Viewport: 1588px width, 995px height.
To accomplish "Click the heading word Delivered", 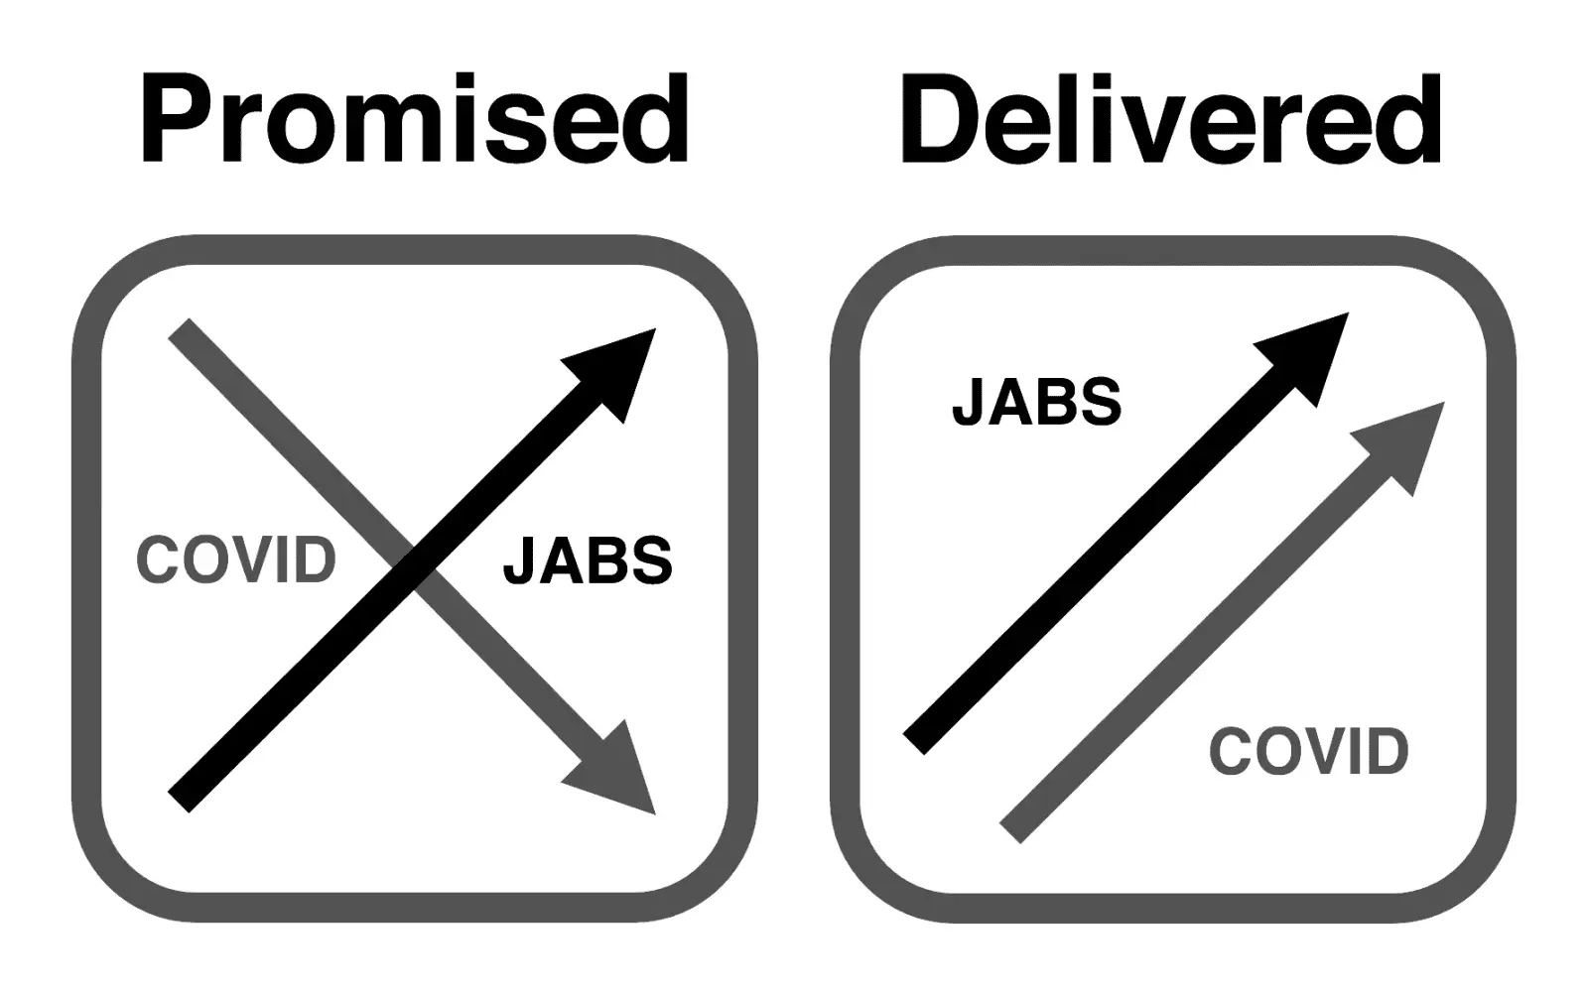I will (x=1171, y=121).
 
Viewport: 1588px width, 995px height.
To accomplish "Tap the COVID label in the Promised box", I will (x=236, y=560).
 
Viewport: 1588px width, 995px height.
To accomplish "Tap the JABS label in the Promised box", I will (x=588, y=560).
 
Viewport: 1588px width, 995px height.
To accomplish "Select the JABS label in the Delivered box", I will (x=1036, y=402).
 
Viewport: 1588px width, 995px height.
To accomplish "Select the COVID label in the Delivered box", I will (x=1309, y=751).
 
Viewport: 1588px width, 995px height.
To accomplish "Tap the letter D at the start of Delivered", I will (x=938, y=121).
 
